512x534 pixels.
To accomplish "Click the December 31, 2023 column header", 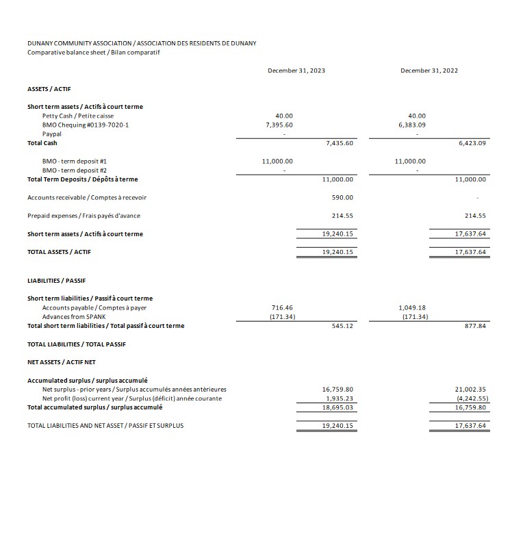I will tap(296, 71).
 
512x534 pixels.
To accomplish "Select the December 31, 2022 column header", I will tap(429, 71).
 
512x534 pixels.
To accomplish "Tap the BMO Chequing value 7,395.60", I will tap(279, 125).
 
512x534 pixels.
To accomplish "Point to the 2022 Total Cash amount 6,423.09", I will tap(472, 143).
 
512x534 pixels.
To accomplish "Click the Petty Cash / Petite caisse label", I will tap(78, 116).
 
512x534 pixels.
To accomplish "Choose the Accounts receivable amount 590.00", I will tap(342, 197).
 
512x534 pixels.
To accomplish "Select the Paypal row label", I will tap(52, 134).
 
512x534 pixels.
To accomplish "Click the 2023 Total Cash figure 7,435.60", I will tap(340, 143).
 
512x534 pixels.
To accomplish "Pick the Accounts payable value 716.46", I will tap(282, 308).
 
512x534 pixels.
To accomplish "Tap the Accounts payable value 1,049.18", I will tap(412, 308).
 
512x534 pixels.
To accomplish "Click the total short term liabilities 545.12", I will tap(342, 326).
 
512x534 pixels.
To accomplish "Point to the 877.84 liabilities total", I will tap(474, 326).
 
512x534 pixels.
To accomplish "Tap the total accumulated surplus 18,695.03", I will tap(337, 407).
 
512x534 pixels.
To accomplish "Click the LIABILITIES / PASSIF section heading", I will tap(56, 281).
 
